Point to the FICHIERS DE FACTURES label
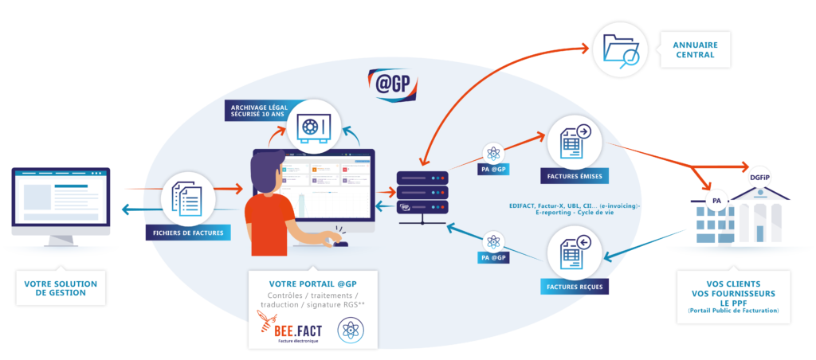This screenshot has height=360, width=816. tap(188, 233)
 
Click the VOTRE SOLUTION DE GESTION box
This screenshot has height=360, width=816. tap(61, 288)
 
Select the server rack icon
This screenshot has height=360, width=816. tap(422, 192)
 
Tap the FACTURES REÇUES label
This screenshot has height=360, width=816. tap(574, 286)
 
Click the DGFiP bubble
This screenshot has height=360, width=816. tap(759, 177)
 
